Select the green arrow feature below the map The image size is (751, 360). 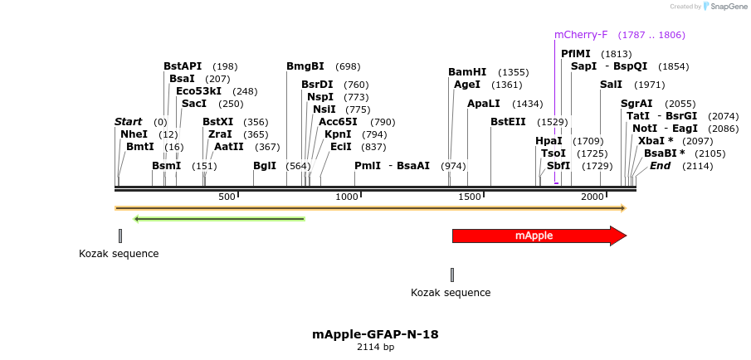click(x=219, y=219)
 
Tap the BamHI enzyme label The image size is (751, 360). click(x=467, y=72)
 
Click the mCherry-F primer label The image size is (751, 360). click(x=581, y=35)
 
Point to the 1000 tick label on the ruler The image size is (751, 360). click(x=347, y=197)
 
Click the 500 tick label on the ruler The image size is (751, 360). click(x=227, y=197)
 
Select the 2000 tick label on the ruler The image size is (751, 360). click(x=591, y=197)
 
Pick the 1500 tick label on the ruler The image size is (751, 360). click(x=470, y=197)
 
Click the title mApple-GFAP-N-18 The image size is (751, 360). click(x=375, y=334)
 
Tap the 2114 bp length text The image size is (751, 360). click(x=375, y=347)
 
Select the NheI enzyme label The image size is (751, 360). click(x=134, y=134)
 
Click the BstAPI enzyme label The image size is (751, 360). click(x=183, y=66)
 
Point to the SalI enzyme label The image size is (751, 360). click(x=611, y=85)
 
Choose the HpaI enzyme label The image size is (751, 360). click(x=549, y=141)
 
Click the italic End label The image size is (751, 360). click(x=660, y=166)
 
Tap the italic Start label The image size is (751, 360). click(x=129, y=122)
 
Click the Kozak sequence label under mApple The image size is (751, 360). click(x=451, y=293)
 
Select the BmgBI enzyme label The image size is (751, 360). click(x=305, y=66)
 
